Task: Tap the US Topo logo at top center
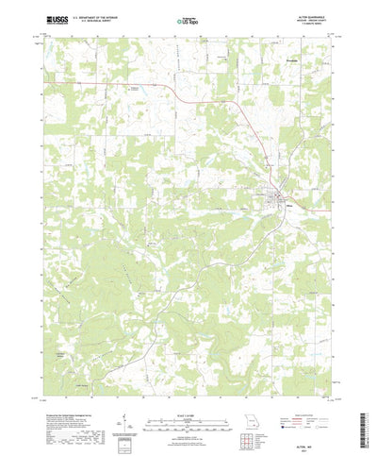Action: [188, 18]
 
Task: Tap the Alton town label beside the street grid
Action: [289, 200]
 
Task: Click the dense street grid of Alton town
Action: [280, 197]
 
